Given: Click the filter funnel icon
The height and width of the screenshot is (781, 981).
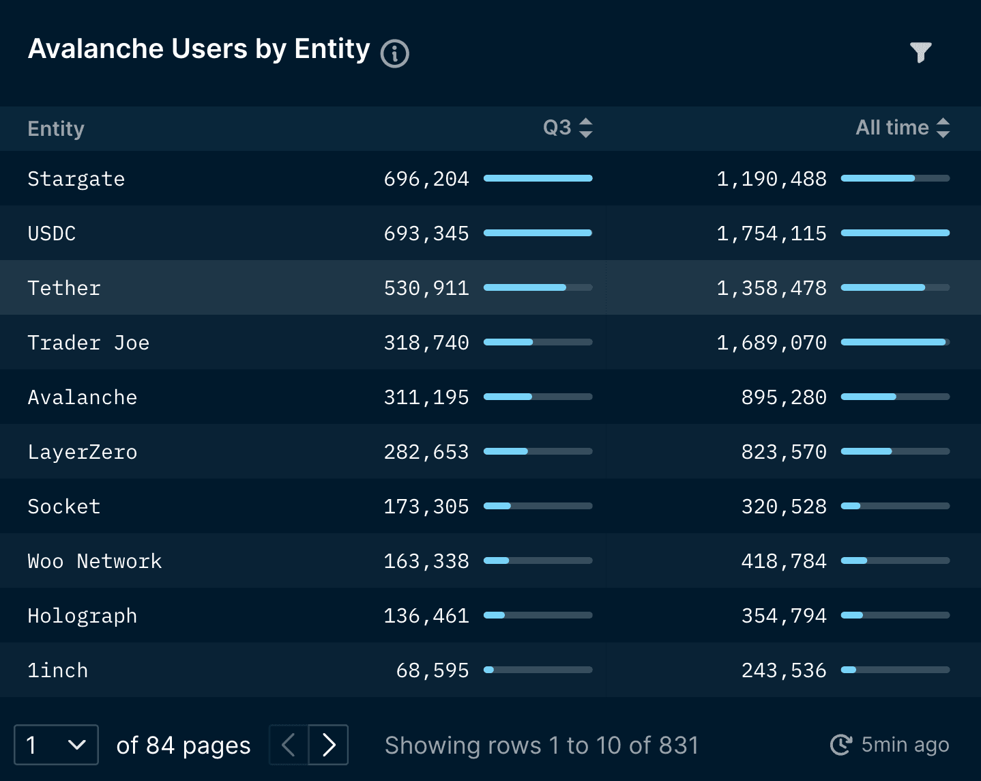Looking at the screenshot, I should tap(920, 52).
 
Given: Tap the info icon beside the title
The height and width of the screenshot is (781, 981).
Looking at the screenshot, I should tap(394, 54).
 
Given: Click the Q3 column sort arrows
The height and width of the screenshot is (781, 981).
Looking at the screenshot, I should tap(585, 128).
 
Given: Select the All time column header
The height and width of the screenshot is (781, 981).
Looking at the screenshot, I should tap(892, 128).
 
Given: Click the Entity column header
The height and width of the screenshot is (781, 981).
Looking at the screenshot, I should tap(56, 128).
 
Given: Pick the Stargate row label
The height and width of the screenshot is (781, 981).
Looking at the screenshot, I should tap(76, 179).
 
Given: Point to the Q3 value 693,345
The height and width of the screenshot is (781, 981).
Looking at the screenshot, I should tap(426, 233).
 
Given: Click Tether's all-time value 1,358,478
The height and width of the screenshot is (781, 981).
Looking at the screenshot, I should tap(771, 288).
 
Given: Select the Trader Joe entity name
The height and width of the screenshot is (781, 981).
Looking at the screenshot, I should tap(88, 343).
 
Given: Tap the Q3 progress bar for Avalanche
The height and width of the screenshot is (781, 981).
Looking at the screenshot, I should tap(538, 397).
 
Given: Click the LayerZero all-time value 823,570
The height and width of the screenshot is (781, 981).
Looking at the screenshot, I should tap(783, 452).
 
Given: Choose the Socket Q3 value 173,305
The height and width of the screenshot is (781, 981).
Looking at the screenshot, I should tap(426, 507).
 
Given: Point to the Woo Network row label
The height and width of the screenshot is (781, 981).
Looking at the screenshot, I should tap(94, 561).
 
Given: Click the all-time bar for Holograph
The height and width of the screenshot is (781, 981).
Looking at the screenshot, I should tap(895, 615).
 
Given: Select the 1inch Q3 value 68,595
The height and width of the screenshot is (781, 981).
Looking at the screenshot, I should tap(433, 670).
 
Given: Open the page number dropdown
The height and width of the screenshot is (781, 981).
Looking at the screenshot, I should tap(56, 745).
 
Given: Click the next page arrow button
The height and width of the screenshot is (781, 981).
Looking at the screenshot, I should tap(329, 745).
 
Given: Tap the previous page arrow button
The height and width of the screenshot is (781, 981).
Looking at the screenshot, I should tap(289, 745).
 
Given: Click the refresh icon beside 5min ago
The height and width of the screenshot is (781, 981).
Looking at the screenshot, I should tap(840, 745).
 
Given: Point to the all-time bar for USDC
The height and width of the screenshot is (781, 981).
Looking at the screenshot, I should tap(895, 233).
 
